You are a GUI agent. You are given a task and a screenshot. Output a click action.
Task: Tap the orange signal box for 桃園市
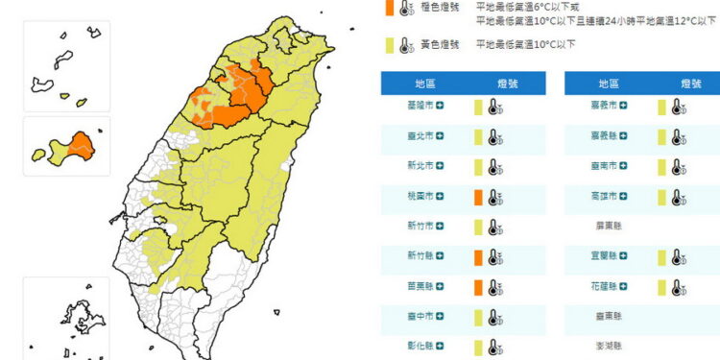click(477, 198)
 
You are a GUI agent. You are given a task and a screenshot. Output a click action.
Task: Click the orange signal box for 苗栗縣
click(477, 287)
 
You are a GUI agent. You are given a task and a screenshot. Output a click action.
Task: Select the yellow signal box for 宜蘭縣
click(661, 257)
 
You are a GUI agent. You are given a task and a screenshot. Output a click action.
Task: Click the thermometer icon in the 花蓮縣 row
click(678, 287)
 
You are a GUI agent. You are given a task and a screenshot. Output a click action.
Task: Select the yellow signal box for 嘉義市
click(661, 108)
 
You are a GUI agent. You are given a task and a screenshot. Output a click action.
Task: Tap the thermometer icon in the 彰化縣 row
click(493, 347)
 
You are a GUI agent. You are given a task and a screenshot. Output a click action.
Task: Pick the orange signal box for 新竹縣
click(477, 257)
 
